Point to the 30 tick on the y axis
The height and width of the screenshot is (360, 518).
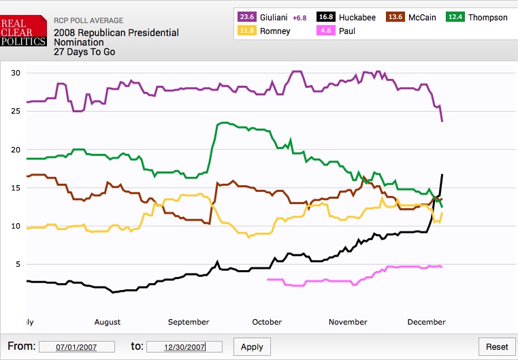(x=16, y=73)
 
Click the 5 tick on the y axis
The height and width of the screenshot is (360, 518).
(x=18, y=264)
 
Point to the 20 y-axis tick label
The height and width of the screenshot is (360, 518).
(x=16, y=150)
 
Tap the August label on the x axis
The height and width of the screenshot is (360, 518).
(x=108, y=322)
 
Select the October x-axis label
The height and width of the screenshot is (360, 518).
(x=267, y=322)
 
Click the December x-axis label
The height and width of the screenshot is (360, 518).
(x=426, y=322)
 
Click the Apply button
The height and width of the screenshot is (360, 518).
(x=252, y=346)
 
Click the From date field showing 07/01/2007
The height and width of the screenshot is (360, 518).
(x=78, y=347)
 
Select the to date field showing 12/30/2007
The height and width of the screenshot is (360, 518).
(x=184, y=347)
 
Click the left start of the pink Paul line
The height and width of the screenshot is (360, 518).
(x=268, y=279)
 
